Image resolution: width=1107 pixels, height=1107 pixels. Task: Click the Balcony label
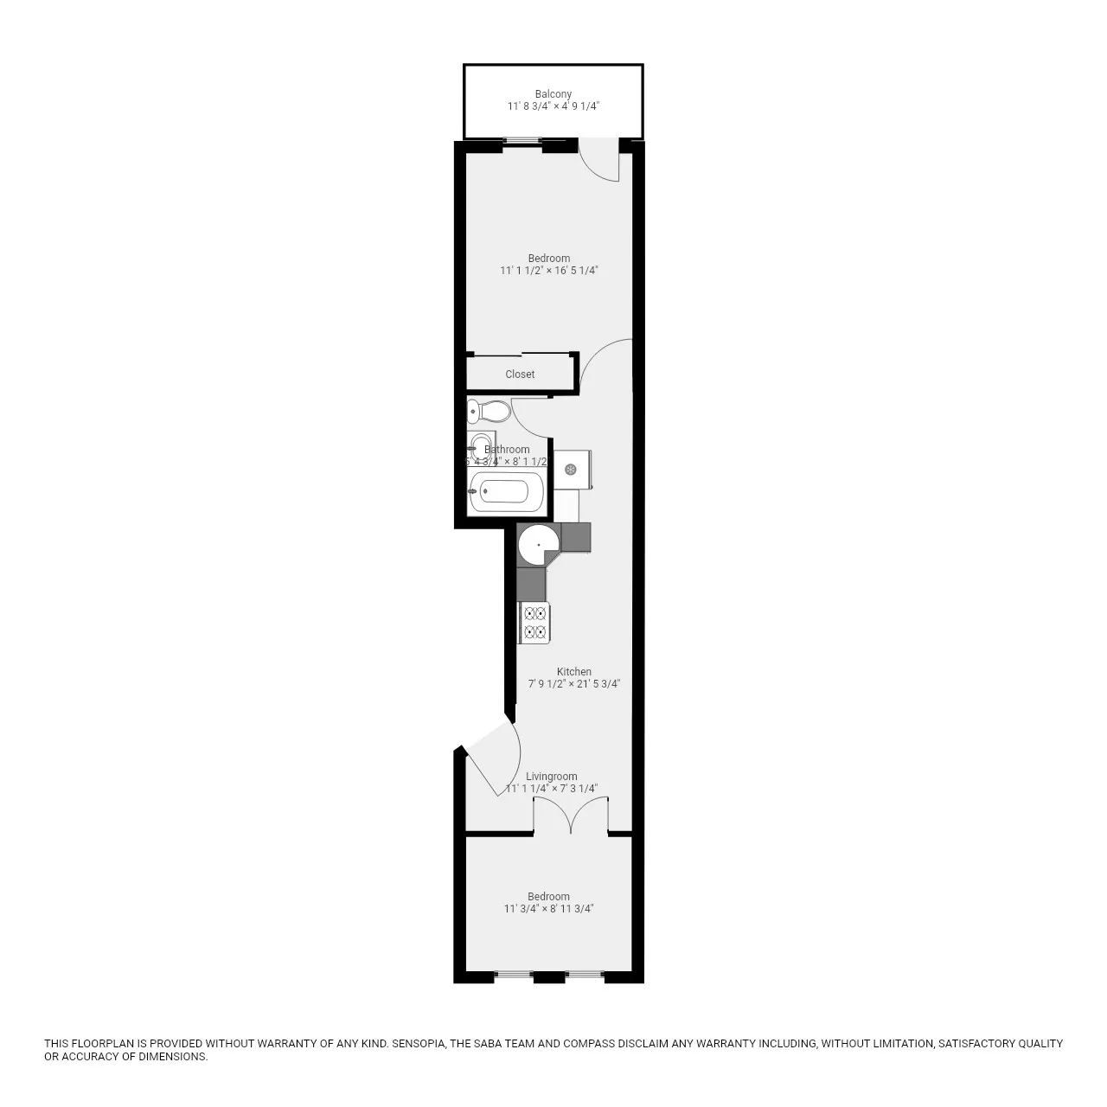pos(553,94)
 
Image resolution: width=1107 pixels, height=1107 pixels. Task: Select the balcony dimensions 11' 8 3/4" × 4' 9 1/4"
pos(553,106)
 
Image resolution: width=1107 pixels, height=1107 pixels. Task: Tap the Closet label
pos(520,374)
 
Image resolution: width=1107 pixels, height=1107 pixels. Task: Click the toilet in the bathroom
pos(490,411)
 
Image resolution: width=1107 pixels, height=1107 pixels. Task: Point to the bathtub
pos(506,493)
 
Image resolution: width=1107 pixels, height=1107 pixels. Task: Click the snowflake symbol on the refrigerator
pos(571,470)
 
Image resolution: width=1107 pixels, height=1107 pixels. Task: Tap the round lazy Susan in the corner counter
pos(538,545)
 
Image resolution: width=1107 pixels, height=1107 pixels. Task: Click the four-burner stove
pos(534,623)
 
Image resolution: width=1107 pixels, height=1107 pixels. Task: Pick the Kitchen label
pos(574,672)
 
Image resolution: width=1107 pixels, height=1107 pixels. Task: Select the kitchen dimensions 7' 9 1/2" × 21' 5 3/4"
pos(574,684)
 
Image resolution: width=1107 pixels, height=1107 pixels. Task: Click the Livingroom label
pos(552,777)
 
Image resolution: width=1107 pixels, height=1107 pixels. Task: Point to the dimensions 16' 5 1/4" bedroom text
pos(549,271)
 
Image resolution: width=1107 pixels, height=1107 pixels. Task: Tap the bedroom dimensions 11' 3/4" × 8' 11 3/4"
pos(549,909)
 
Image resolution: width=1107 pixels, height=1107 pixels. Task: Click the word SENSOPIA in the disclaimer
pos(419,1044)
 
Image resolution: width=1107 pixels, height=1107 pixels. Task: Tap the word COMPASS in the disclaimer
pos(589,1044)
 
